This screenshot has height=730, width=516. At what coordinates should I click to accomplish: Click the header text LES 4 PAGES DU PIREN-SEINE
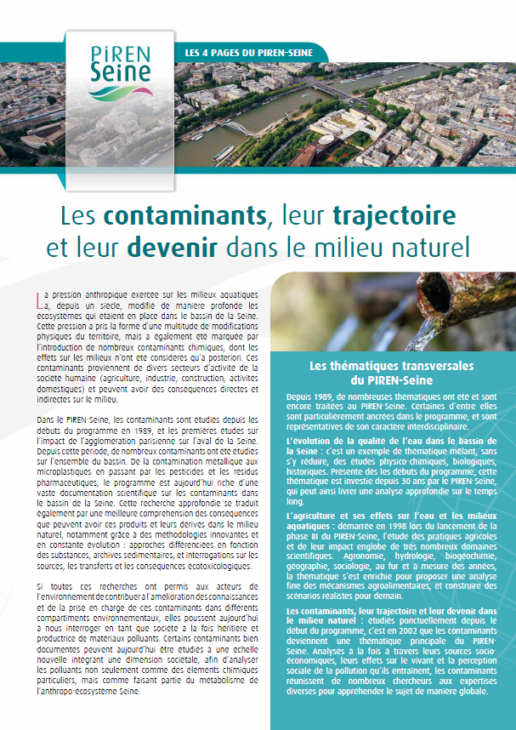click(248, 54)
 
